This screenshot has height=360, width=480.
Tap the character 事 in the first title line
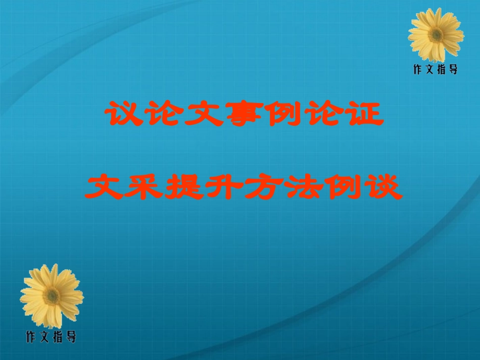pyautogui.click(x=221, y=115)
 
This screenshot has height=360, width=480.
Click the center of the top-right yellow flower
pyautogui.click(x=436, y=34)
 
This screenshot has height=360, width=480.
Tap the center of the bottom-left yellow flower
pyautogui.click(x=52, y=296)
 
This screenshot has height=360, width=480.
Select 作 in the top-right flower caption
pyautogui.click(x=418, y=70)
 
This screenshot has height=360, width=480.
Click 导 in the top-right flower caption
pyautogui.click(x=453, y=70)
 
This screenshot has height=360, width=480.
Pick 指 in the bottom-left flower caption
pyautogui.click(x=58, y=337)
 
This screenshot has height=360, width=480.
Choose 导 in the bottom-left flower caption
pyautogui.click(x=71, y=337)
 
